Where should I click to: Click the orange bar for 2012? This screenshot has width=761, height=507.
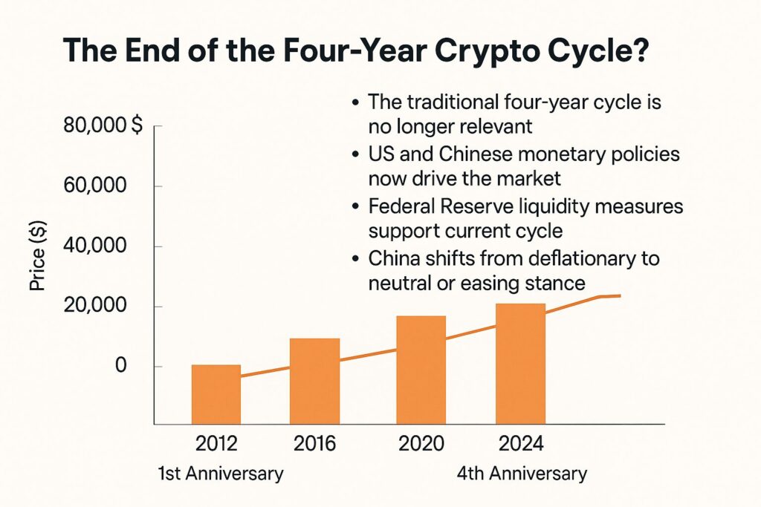tap(216, 394)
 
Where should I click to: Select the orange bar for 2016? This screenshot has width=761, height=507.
tap(314, 381)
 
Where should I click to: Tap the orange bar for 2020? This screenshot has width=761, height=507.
tap(421, 370)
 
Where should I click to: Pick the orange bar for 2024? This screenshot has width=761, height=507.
tap(520, 364)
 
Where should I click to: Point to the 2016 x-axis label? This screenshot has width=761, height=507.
tap(314, 444)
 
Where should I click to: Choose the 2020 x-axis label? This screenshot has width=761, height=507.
tap(421, 444)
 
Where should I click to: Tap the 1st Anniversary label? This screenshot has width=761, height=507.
tap(220, 474)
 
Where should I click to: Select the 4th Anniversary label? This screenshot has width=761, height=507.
tap(522, 474)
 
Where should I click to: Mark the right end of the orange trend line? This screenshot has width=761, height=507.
tap(620, 296)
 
